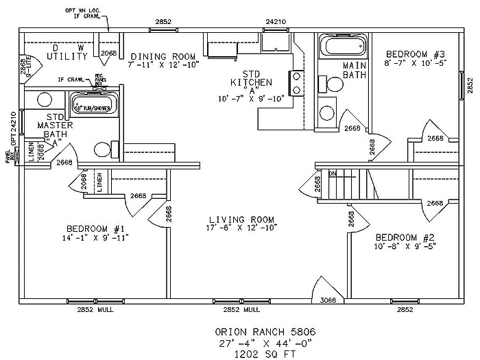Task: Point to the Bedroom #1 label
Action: (x=95, y=228)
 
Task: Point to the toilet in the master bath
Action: (x=101, y=148)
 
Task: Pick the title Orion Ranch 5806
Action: (x=245, y=331)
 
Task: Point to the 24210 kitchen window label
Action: (x=276, y=22)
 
